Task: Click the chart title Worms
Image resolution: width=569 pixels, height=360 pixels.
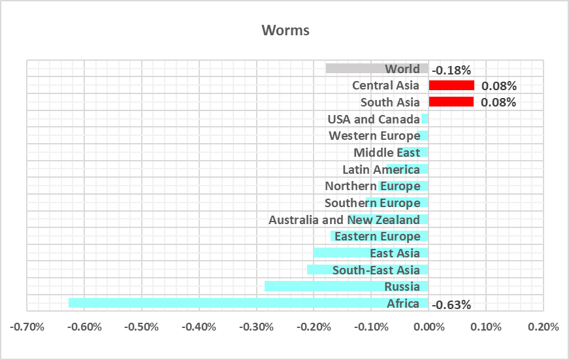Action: [x=285, y=31]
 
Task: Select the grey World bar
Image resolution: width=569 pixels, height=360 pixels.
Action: [x=353, y=69]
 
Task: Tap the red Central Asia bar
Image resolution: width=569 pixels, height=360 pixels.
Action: [x=451, y=85]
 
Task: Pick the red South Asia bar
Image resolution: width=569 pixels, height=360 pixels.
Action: [x=451, y=102]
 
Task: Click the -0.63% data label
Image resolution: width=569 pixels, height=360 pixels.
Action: [x=452, y=304]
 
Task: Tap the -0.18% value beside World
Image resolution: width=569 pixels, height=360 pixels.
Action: [x=452, y=70]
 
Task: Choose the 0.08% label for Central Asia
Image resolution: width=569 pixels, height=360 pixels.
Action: [x=499, y=86]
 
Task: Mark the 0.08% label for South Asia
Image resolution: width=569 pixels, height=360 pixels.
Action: [x=499, y=103]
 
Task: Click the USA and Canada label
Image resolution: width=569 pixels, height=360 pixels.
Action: [x=374, y=119]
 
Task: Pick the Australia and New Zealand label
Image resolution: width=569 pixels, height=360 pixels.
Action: [x=344, y=220]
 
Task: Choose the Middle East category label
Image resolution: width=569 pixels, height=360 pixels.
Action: [x=387, y=152]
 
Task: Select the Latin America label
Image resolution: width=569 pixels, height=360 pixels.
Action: [x=382, y=169]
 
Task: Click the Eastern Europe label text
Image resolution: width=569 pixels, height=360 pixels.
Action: [x=378, y=236]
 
